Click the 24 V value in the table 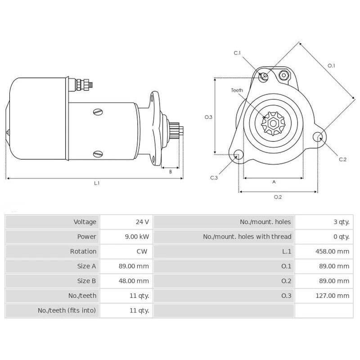tap(142, 222)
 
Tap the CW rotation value tap(142, 252)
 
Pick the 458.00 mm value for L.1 tap(332, 252)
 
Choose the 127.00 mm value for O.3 tap(332, 296)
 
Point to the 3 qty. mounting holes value tap(341, 222)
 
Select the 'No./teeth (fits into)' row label tap(67, 310)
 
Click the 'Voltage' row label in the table tap(85, 222)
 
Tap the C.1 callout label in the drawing tap(237, 53)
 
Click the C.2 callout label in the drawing tap(342, 159)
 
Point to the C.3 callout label tap(214, 178)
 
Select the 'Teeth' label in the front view tap(237, 90)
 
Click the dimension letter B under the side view tap(170, 171)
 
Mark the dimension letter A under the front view tap(274, 182)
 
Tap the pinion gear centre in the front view tap(273, 123)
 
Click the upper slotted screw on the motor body tap(98, 111)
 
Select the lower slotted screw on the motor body tap(98, 154)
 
